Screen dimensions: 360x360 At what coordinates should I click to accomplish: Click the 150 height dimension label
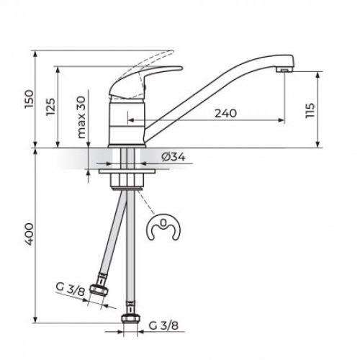(x=29, y=99)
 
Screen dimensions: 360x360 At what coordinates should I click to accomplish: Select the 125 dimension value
(x=50, y=107)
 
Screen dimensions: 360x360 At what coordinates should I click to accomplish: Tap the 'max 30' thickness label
(x=81, y=117)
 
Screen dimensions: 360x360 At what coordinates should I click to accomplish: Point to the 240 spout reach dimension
(x=225, y=113)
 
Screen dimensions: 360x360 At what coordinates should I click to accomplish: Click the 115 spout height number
(x=310, y=110)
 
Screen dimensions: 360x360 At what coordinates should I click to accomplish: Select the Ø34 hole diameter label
(x=174, y=157)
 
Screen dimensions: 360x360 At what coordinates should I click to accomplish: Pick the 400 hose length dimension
(x=29, y=234)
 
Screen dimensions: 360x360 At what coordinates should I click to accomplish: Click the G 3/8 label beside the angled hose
(x=71, y=289)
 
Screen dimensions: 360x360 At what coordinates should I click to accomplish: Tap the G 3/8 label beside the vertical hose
(x=163, y=325)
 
